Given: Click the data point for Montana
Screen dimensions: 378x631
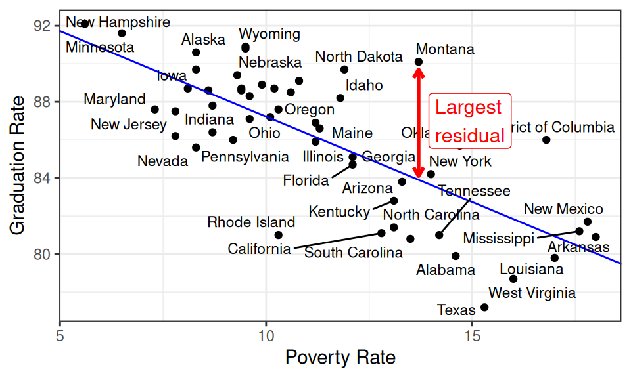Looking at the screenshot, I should pyautogui.click(x=419, y=62).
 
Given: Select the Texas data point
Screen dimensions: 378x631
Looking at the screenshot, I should pyautogui.click(x=484, y=307).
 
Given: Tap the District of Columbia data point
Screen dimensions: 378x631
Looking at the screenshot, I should pyautogui.click(x=546, y=140).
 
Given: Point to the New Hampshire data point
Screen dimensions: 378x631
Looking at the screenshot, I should pyautogui.click(x=85, y=24).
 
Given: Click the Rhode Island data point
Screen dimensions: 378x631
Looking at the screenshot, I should pyautogui.click(x=279, y=235).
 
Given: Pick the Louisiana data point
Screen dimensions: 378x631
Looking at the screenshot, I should pyautogui.click(x=513, y=279).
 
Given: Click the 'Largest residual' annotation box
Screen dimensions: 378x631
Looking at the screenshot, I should pyautogui.click(x=469, y=121).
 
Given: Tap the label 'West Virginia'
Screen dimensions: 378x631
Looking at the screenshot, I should pyautogui.click(x=532, y=293).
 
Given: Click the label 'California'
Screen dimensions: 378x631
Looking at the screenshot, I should pyautogui.click(x=259, y=249).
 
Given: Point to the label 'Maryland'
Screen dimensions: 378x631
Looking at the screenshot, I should pyautogui.click(x=114, y=100).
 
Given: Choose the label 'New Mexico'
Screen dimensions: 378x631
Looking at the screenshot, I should pyautogui.click(x=563, y=209).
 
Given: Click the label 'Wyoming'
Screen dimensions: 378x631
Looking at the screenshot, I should pyautogui.click(x=269, y=34).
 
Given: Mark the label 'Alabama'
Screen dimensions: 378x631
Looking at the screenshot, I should pyautogui.click(x=446, y=270).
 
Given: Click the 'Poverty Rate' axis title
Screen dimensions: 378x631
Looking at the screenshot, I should pyautogui.click(x=340, y=358).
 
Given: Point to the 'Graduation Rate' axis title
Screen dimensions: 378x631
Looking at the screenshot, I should pyautogui.click(x=18, y=164).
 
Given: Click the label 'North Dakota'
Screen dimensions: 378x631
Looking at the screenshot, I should pyautogui.click(x=359, y=56).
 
